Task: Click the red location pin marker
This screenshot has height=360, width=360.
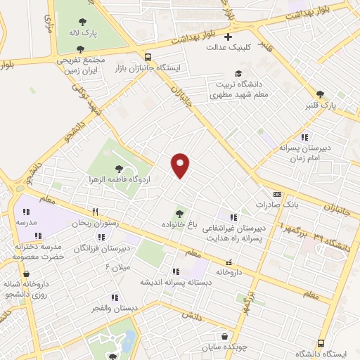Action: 181,165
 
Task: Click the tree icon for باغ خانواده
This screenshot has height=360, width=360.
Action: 179,213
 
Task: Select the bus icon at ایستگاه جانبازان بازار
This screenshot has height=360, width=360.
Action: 148,57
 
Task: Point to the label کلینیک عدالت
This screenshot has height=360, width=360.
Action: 224,48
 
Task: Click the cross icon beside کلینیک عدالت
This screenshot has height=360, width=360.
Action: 227,37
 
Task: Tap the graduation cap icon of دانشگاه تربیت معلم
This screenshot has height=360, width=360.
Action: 238,73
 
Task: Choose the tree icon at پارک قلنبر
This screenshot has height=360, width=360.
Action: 320,94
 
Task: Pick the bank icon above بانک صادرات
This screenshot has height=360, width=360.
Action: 276,194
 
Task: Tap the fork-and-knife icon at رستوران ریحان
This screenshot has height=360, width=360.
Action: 95,212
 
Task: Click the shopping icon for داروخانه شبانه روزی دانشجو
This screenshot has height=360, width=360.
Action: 26,274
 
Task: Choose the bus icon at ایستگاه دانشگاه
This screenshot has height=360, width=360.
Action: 321,342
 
